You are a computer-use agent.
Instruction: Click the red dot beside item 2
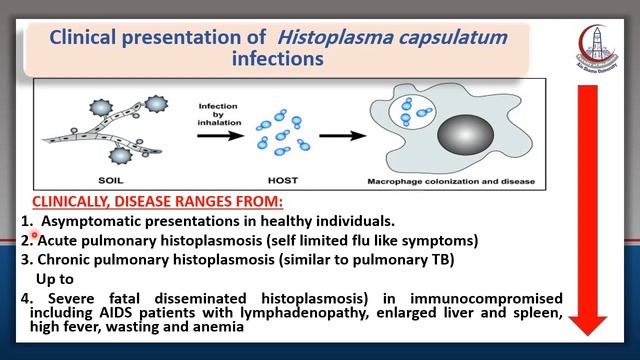(x=33, y=236)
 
